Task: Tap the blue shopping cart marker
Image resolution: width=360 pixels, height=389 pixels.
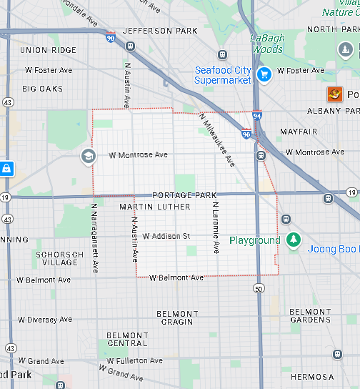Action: click(264, 74)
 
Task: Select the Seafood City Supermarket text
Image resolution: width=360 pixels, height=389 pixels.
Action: click(223, 75)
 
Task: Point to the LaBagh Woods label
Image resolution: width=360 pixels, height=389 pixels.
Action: click(267, 44)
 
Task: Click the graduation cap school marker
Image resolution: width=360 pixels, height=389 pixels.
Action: click(88, 157)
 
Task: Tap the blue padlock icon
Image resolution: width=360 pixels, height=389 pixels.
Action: click(6, 169)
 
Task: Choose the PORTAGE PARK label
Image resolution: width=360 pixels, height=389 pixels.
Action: click(184, 195)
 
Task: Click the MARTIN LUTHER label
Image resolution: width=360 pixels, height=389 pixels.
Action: click(155, 207)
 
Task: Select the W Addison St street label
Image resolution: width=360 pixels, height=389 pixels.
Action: click(166, 236)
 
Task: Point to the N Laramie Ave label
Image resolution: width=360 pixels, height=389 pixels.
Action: click(214, 227)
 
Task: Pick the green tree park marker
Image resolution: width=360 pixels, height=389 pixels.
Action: click(292, 240)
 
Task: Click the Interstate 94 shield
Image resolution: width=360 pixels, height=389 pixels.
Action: click(256, 114)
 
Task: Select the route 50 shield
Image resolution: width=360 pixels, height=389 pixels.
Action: click(259, 289)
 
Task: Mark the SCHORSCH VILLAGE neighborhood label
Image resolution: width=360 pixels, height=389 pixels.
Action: click(60, 258)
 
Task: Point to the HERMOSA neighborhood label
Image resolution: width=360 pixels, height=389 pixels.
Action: click(311, 377)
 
